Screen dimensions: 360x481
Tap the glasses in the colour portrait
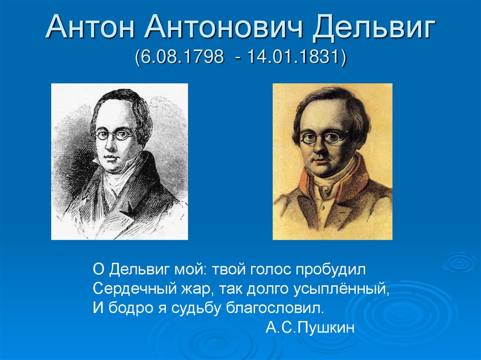pyautogui.click(x=324, y=138)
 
